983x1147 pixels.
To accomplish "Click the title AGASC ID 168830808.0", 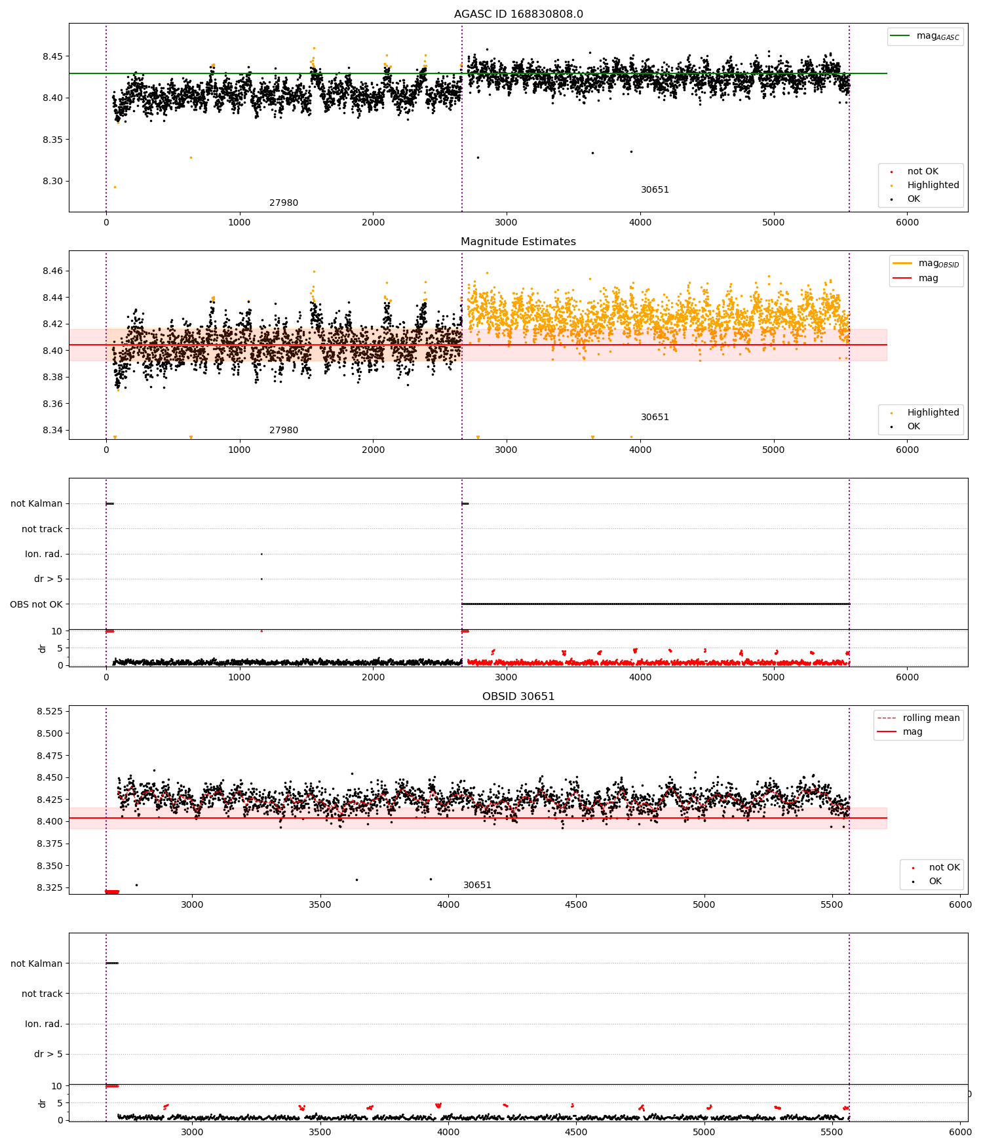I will pos(518,14).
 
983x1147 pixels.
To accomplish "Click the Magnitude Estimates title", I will pos(518,242).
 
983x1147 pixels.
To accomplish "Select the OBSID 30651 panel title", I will pos(518,697).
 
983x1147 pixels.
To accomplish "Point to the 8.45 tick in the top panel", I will pos(52,56).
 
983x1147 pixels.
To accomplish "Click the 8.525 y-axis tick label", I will pos(50,711).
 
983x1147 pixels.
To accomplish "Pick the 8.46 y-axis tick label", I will pos(52,271).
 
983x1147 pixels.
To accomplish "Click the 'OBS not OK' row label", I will pos(36,604).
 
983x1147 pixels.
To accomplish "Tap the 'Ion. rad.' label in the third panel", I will pos(43,554).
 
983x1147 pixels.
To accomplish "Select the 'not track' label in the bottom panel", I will pos(42,994).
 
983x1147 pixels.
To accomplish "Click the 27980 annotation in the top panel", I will pos(283,203).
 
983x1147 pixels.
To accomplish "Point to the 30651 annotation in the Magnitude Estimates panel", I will pos(655,418).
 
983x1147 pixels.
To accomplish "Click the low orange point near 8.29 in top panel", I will pos(115,187).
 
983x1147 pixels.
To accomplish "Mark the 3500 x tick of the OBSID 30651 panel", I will pos(320,904).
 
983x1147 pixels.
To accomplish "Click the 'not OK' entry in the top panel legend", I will pos(922,172).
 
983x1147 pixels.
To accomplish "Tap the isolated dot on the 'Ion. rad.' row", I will pos(261,554).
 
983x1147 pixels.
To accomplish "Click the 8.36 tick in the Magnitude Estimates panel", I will pos(52,404).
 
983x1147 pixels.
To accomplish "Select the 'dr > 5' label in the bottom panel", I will pos(48,1054).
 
